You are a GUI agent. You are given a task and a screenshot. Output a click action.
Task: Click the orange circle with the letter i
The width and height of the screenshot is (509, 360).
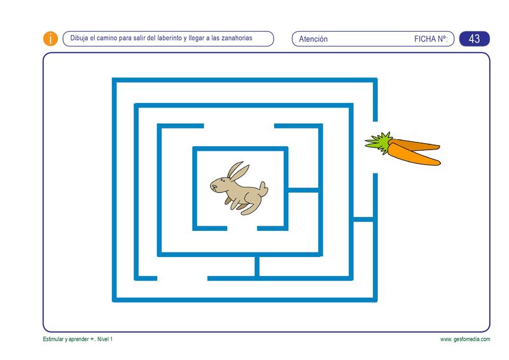tap(50, 39)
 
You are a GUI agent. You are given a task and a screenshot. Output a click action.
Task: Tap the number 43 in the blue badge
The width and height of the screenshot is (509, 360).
tap(474, 39)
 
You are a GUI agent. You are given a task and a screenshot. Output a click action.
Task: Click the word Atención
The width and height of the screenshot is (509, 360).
tap(313, 39)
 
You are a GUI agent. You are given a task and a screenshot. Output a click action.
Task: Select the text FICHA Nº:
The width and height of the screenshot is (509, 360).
tap(431, 39)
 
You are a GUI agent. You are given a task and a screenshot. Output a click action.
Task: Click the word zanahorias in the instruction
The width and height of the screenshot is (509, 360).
tap(237, 38)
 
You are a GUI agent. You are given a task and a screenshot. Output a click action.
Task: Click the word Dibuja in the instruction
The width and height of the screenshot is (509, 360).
tap(79, 38)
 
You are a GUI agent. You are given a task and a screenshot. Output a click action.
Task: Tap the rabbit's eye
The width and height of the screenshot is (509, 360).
tap(221, 180)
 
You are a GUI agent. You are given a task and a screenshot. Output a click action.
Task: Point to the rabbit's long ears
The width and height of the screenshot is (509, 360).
tap(238, 170)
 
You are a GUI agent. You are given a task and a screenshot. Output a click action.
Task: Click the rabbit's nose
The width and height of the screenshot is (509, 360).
tap(211, 186)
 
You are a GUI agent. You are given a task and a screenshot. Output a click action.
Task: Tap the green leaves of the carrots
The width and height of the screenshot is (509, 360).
tap(379, 143)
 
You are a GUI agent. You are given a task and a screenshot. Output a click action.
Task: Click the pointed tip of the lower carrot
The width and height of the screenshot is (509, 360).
tap(439, 163)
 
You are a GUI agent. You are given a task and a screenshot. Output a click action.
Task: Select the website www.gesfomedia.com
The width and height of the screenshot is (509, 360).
tap(465, 339)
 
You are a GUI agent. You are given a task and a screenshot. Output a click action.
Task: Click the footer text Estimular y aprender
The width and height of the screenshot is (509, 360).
tap(66, 339)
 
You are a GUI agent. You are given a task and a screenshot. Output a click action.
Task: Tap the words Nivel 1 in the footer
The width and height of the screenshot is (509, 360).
tap(105, 339)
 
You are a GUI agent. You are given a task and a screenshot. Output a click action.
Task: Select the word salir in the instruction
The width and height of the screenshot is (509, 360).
tap(139, 38)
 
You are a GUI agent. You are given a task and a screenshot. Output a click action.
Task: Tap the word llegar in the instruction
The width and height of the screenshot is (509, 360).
tap(196, 38)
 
